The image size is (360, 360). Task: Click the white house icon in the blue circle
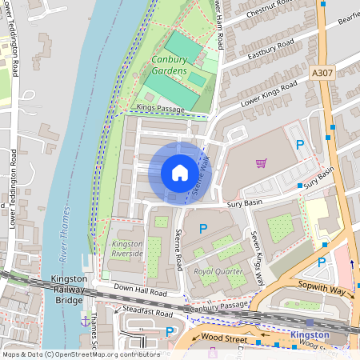point(180,173)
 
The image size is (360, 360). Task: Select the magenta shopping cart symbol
point(261,163)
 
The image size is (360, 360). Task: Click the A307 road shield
point(322,73)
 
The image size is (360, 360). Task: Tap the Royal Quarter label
point(218,271)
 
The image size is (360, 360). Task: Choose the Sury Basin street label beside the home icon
point(245,205)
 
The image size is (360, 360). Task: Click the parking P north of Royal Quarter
point(203,229)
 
